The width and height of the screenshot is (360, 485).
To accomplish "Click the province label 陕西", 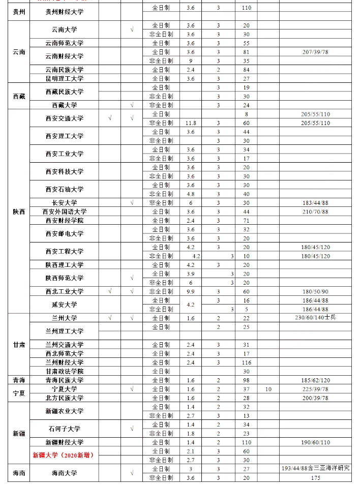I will [18, 211].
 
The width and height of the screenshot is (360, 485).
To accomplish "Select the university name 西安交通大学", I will [64, 118].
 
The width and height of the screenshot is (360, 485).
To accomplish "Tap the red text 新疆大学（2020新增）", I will [63, 455].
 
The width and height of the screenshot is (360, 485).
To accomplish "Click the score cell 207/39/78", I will [315, 52].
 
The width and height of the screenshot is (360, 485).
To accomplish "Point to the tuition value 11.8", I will [191, 123].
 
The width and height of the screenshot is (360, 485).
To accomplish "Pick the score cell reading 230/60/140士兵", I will [315, 318].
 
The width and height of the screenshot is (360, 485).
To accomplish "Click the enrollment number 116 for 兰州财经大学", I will [247, 362].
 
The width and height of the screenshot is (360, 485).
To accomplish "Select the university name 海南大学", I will [64, 473].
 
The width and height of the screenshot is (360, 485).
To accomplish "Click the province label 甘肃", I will [18, 345].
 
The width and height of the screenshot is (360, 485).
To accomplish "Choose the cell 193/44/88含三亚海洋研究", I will [315, 469].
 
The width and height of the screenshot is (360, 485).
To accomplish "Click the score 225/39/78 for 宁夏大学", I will [315, 389].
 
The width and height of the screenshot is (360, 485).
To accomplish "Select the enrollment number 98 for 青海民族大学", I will [247, 380].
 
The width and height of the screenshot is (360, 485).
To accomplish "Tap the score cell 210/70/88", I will [315, 211].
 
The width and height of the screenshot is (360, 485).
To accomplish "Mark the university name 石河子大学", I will [64, 429].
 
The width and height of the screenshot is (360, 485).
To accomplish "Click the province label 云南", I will [18, 52].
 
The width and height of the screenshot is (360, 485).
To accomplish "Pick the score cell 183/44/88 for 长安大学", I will [315, 203].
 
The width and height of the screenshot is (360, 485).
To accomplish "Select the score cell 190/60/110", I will [315, 442].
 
